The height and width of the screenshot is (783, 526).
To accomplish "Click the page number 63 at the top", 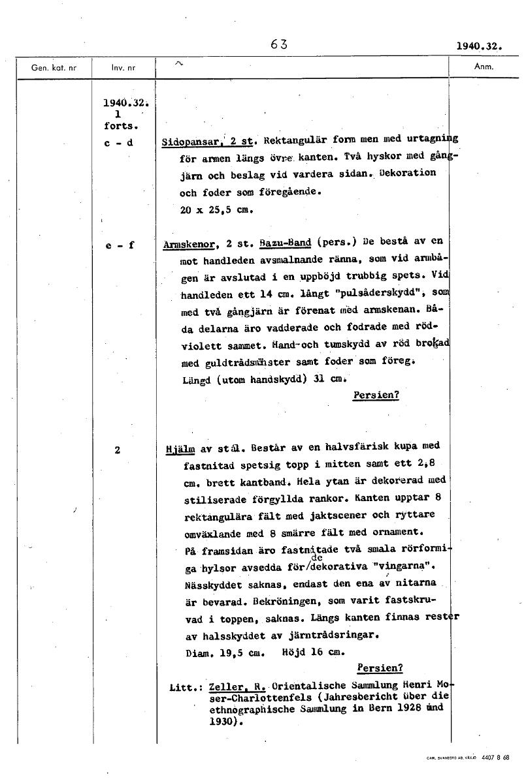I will (x=278, y=45).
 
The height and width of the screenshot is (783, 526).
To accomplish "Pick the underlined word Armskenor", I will (x=185, y=245).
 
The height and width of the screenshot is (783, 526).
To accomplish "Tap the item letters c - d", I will (x=118, y=143).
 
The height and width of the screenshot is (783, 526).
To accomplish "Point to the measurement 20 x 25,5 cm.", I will (x=216, y=210).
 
